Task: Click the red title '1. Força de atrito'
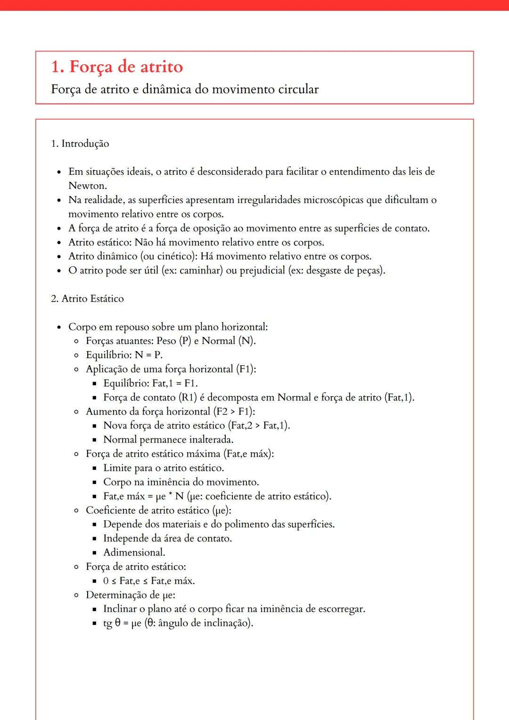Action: [x=117, y=67]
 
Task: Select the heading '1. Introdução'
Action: [x=80, y=144]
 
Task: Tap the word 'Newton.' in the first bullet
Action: [x=88, y=186]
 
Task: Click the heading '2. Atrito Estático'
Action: [x=88, y=299]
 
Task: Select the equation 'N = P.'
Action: [x=148, y=355]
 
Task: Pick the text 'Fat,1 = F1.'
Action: [x=175, y=383]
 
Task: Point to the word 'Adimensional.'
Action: [x=134, y=552]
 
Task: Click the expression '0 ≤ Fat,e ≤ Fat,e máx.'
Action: [x=149, y=581]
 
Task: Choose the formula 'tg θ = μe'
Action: [x=122, y=623]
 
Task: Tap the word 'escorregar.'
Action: [x=342, y=609]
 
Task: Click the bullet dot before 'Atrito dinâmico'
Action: [x=59, y=257]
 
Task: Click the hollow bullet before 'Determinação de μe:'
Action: [x=76, y=595]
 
